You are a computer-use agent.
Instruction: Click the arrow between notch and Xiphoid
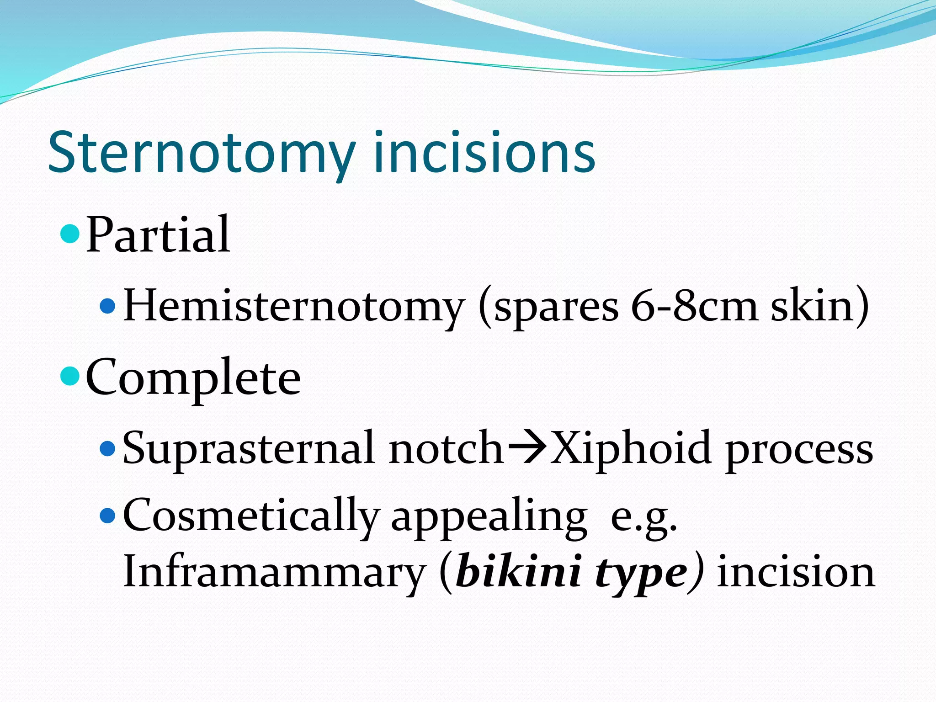coord(527,447)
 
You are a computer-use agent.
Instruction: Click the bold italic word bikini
coord(519,572)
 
